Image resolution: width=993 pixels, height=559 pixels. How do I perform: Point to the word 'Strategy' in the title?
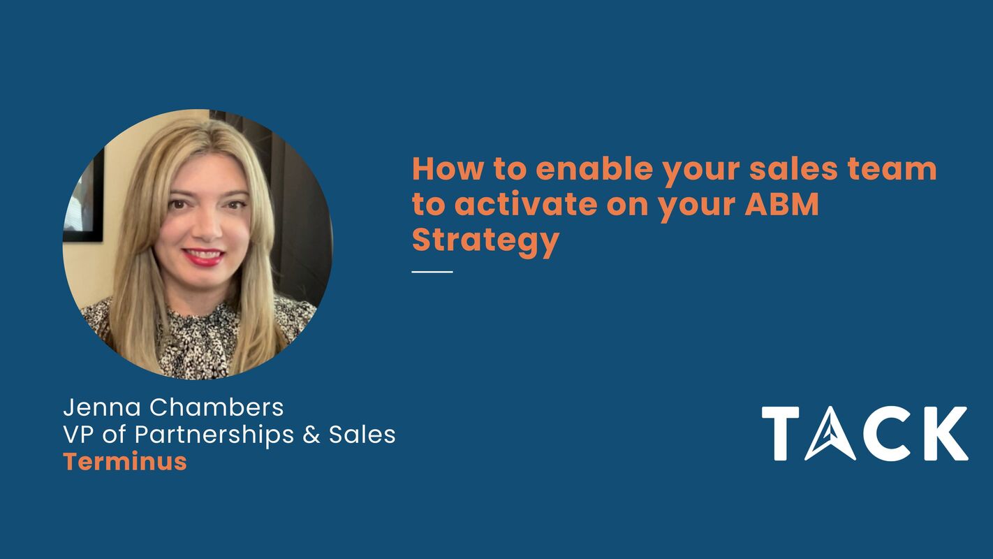485,240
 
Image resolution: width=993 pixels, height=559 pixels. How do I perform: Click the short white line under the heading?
432,271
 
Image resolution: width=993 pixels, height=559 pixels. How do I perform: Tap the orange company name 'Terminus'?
125,461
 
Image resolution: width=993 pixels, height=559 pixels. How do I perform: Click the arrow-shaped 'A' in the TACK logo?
830,435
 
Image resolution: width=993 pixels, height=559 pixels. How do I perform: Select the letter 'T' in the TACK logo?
780,434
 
